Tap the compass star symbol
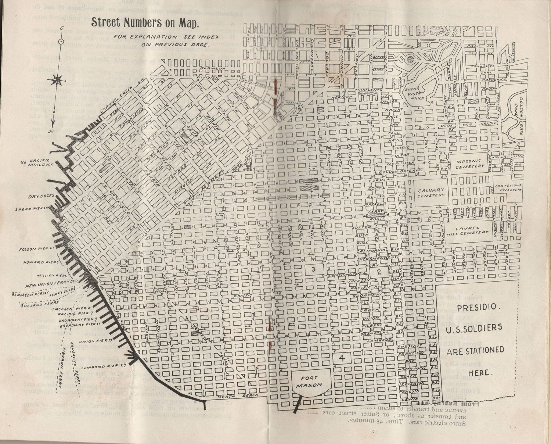[57, 79]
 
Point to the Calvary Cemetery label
[431, 193]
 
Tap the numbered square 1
[371, 150]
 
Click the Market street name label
[213, 181]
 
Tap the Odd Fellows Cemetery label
[508, 187]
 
